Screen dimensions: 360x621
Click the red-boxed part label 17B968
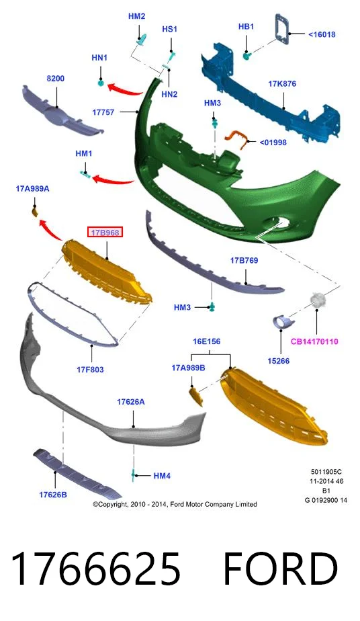105,233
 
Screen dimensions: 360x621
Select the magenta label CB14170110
314,341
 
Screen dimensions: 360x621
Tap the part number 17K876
282,83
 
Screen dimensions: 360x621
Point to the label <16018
322,34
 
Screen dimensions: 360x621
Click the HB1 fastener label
246,26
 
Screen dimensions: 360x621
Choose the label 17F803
90,370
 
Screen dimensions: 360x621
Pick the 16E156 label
207,341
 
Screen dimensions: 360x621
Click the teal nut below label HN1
101,83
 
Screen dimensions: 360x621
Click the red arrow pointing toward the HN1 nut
126,89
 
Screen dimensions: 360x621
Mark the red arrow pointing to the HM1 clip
113,181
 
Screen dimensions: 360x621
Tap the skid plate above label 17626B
77,474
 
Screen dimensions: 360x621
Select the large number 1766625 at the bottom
96,569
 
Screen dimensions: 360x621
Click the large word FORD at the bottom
280,569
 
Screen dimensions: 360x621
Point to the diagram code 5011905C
326,472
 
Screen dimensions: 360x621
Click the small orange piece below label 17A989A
34,212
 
